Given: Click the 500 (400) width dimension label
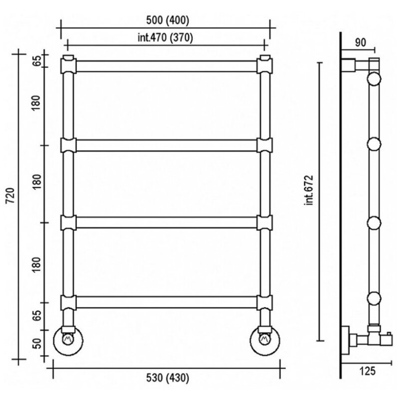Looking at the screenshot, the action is coord(168,21).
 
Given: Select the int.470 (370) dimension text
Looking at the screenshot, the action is coord(166,38).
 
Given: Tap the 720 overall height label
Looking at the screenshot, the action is coord(11,196).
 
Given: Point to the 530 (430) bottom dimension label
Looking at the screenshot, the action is coord(168,378).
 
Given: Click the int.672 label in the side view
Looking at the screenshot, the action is coord(309,190).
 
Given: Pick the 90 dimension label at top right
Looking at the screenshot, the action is coord(360,43).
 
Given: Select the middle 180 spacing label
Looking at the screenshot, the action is coord(37,182).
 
